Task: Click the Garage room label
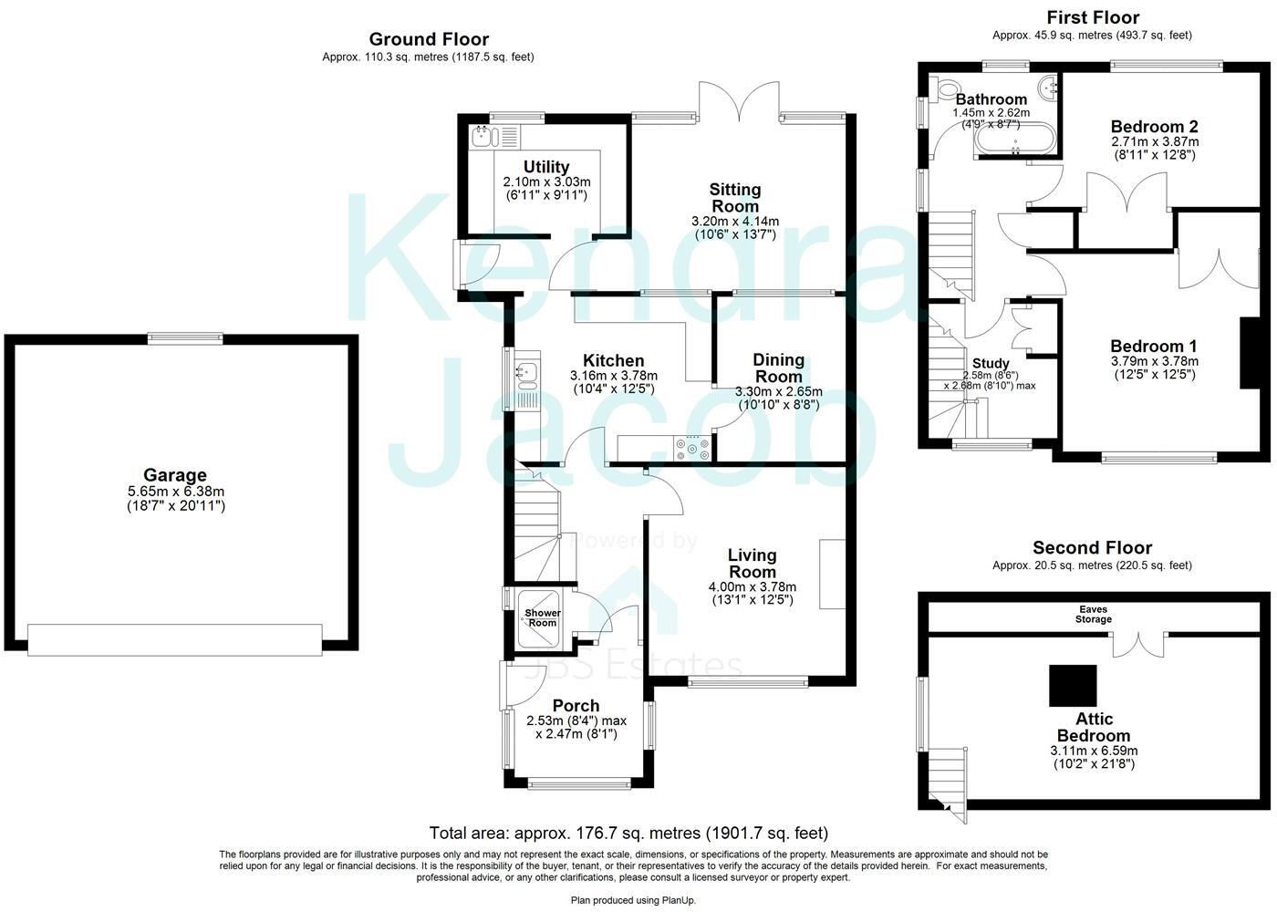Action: pos(175,475)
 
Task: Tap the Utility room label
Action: pos(546,167)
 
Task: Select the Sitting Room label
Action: pos(735,198)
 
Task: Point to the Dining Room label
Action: pos(778,368)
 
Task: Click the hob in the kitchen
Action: pos(692,448)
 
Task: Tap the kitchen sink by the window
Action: pos(526,372)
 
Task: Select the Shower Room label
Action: pos(542,617)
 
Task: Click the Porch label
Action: pos(576,705)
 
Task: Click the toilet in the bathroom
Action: pos(945,88)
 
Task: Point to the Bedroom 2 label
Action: pos(1154,127)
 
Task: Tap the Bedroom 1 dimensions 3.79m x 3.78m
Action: pos(1154,361)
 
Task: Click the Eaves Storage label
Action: pos(1093,614)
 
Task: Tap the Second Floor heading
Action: pos(1092,547)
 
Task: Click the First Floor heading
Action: pos(1092,17)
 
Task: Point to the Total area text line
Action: pos(628,833)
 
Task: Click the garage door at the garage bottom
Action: pos(175,639)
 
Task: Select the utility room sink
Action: pos(483,137)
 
